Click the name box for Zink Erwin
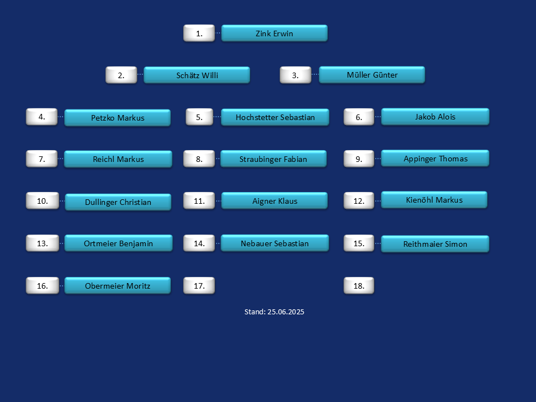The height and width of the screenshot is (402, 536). [275, 33]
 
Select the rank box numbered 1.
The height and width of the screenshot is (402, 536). [199, 33]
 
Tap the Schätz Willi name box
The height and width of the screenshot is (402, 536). [197, 75]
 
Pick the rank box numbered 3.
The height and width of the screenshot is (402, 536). [295, 75]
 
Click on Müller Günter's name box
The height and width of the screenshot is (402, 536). [372, 74]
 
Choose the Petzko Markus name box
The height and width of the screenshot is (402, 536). [118, 118]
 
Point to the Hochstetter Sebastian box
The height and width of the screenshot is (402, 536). [275, 117]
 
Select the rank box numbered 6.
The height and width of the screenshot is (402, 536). [359, 117]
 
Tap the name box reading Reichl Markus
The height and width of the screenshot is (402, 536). [118, 159]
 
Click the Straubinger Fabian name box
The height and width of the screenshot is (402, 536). [274, 159]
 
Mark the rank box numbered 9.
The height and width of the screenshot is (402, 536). [359, 159]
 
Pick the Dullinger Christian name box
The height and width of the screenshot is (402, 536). [118, 202]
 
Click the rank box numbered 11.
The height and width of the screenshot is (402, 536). [199, 200]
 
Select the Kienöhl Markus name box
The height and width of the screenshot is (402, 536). [434, 200]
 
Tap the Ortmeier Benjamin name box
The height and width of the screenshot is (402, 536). [118, 243]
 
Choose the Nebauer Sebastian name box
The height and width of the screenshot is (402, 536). [275, 243]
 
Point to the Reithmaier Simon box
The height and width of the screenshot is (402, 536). [435, 244]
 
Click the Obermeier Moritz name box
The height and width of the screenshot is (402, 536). [118, 285]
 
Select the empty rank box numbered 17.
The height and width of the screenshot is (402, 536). [199, 285]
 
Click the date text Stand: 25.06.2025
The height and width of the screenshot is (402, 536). [274, 312]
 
